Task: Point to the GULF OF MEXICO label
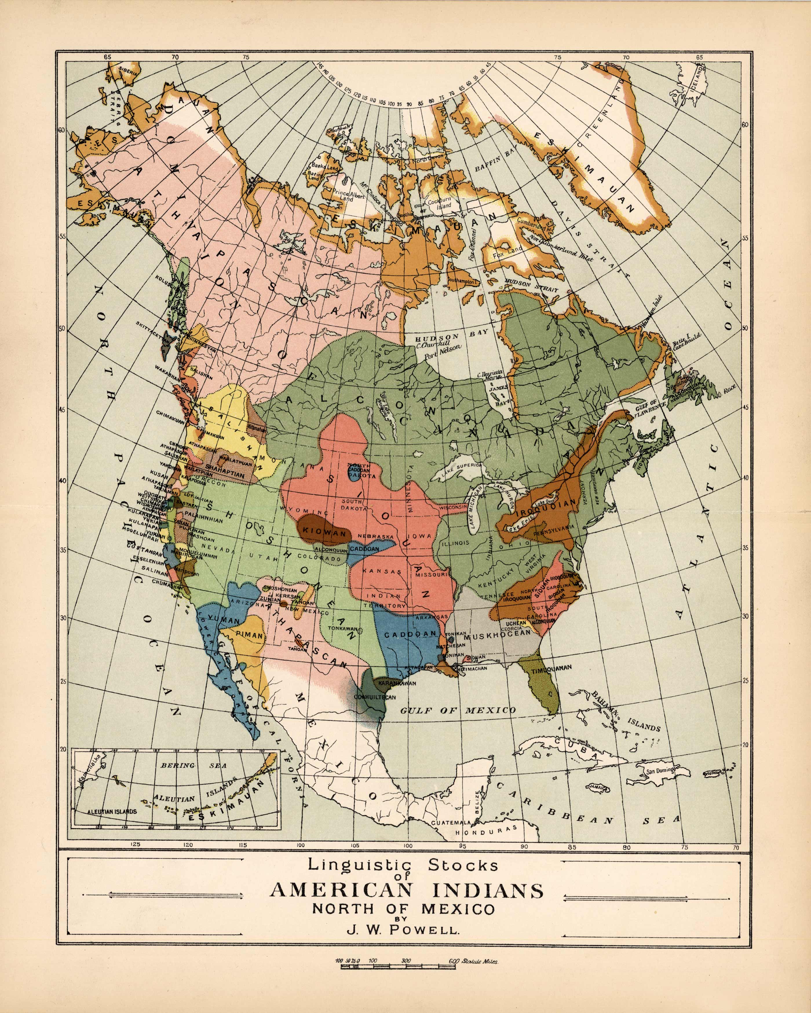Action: (458, 710)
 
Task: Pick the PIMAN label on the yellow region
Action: (249, 635)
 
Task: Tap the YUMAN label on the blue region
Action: (224, 620)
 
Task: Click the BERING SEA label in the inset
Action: (194, 765)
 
